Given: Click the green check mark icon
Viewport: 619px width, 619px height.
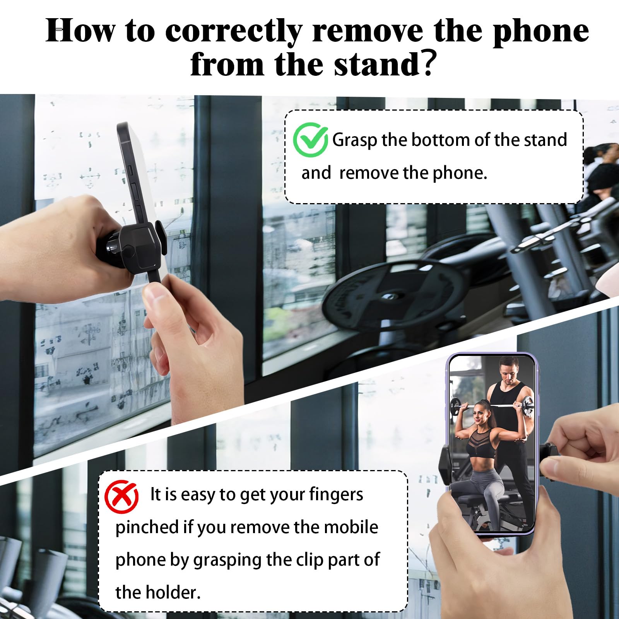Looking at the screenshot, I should pyautogui.click(x=310, y=140).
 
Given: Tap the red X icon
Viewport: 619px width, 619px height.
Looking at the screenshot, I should pyautogui.click(x=121, y=497).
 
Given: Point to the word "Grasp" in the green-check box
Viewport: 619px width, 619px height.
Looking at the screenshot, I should pyautogui.click(x=354, y=140).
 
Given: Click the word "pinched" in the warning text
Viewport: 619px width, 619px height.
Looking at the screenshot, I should pyautogui.click(x=147, y=528).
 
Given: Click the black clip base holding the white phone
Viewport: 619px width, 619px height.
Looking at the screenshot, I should pyautogui.click(x=139, y=248).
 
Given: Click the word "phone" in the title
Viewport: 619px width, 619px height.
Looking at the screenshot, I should pyautogui.click(x=540, y=31).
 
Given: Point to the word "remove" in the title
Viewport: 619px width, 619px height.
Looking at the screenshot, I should pyautogui.click(x=367, y=31).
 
